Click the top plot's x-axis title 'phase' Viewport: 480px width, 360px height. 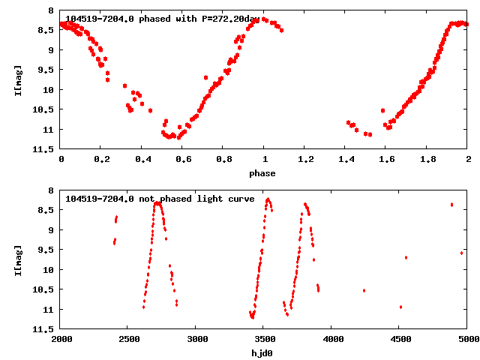click(264, 173)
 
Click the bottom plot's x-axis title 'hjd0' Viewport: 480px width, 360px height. click(264, 353)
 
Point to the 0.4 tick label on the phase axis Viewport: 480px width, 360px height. click(142, 160)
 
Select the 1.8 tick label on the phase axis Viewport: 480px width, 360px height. click(427, 160)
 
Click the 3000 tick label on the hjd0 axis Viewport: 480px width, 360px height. click(196, 340)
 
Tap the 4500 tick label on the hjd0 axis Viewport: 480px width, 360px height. click(400, 340)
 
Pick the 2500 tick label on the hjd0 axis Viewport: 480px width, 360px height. click(128, 340)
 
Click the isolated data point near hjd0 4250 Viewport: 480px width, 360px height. click(364, 290)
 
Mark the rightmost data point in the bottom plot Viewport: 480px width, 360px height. click(461, 253)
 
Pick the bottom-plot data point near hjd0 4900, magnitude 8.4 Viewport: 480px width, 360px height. click(451, 204)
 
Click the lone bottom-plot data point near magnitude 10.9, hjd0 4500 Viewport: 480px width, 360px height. click(401, 307)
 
